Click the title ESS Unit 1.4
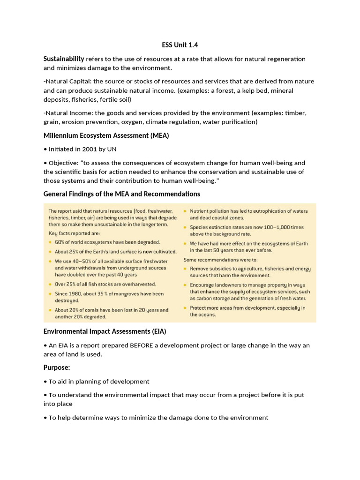click(180, 45)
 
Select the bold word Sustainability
click(64, 59)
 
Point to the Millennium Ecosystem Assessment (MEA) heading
click(106, 135)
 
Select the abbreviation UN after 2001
click(112, 149)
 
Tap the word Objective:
click(63, 163)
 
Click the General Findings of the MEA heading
click(121, 194)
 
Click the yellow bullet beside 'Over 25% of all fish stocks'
click(50, 285)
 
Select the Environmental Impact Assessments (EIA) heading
click(105, 331)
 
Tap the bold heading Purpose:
click(57, 367)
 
